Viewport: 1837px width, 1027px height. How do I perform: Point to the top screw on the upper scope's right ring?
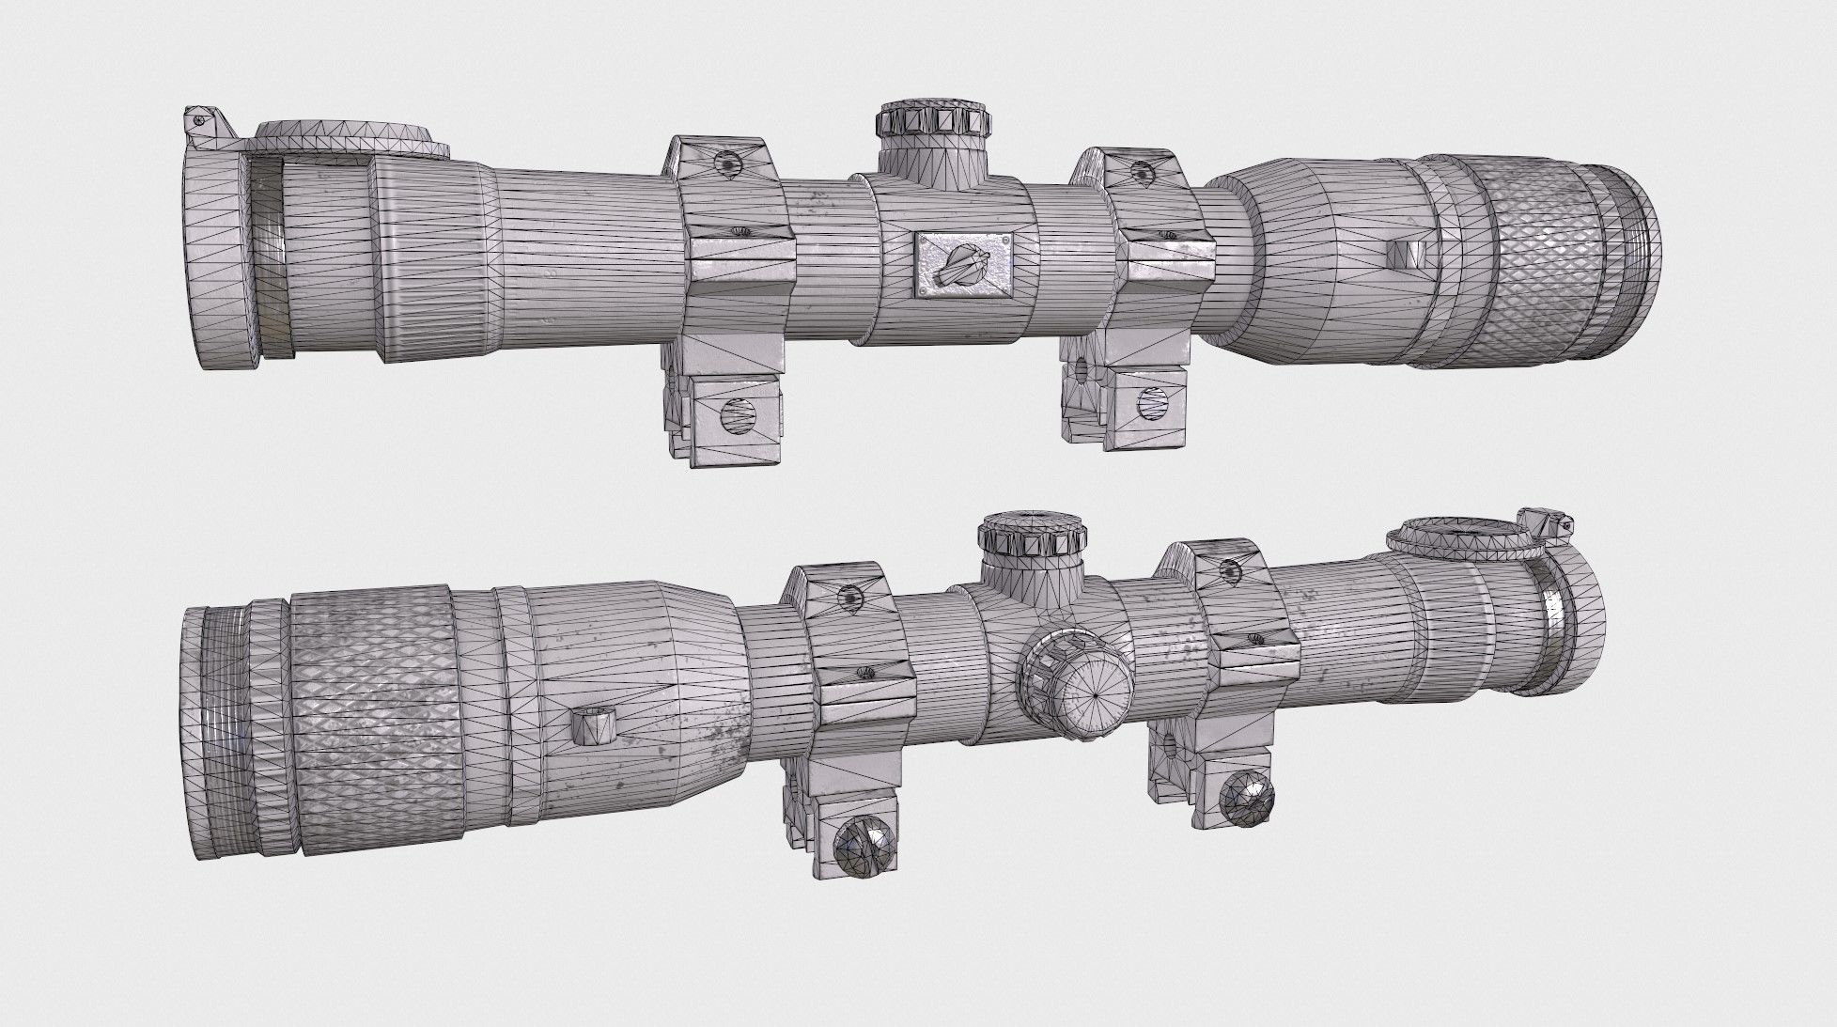pos(1141,172)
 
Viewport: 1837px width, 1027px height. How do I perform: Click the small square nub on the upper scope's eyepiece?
pos(1407,253)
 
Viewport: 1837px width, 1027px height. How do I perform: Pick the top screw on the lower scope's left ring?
pos(849,594)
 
